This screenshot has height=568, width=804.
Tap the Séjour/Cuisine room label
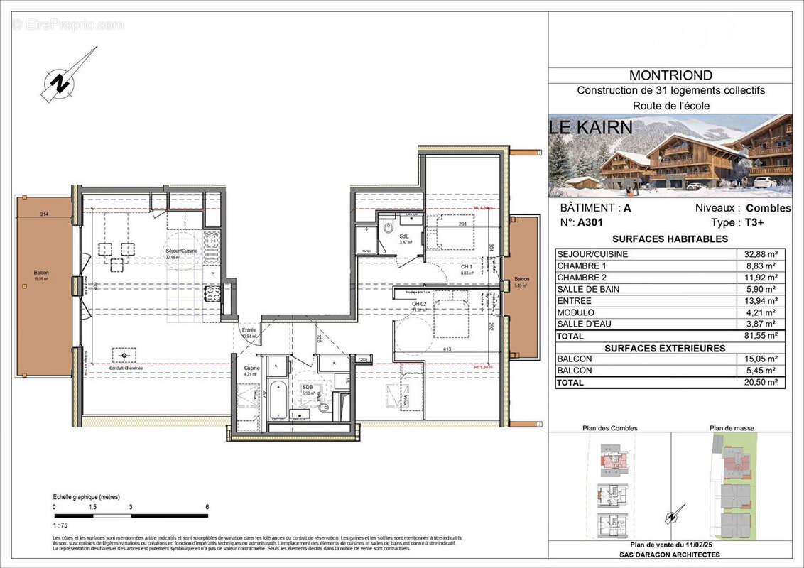click(x=181, y=252)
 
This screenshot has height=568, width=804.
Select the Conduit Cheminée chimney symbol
click(x=125, y=354)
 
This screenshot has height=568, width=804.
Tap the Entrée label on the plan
click(x=249, y=330)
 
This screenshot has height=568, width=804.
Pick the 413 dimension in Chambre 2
click(x=448, y=349)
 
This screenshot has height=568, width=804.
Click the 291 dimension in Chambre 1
click(x=462, y=225)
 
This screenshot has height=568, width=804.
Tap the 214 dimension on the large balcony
click(x=45, y=214)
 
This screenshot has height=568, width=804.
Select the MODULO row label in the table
click(x=575, y=312)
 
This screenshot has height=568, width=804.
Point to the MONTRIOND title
click(x=670, y=75)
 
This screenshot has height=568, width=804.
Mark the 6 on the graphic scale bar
click(x=207, y=507)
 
